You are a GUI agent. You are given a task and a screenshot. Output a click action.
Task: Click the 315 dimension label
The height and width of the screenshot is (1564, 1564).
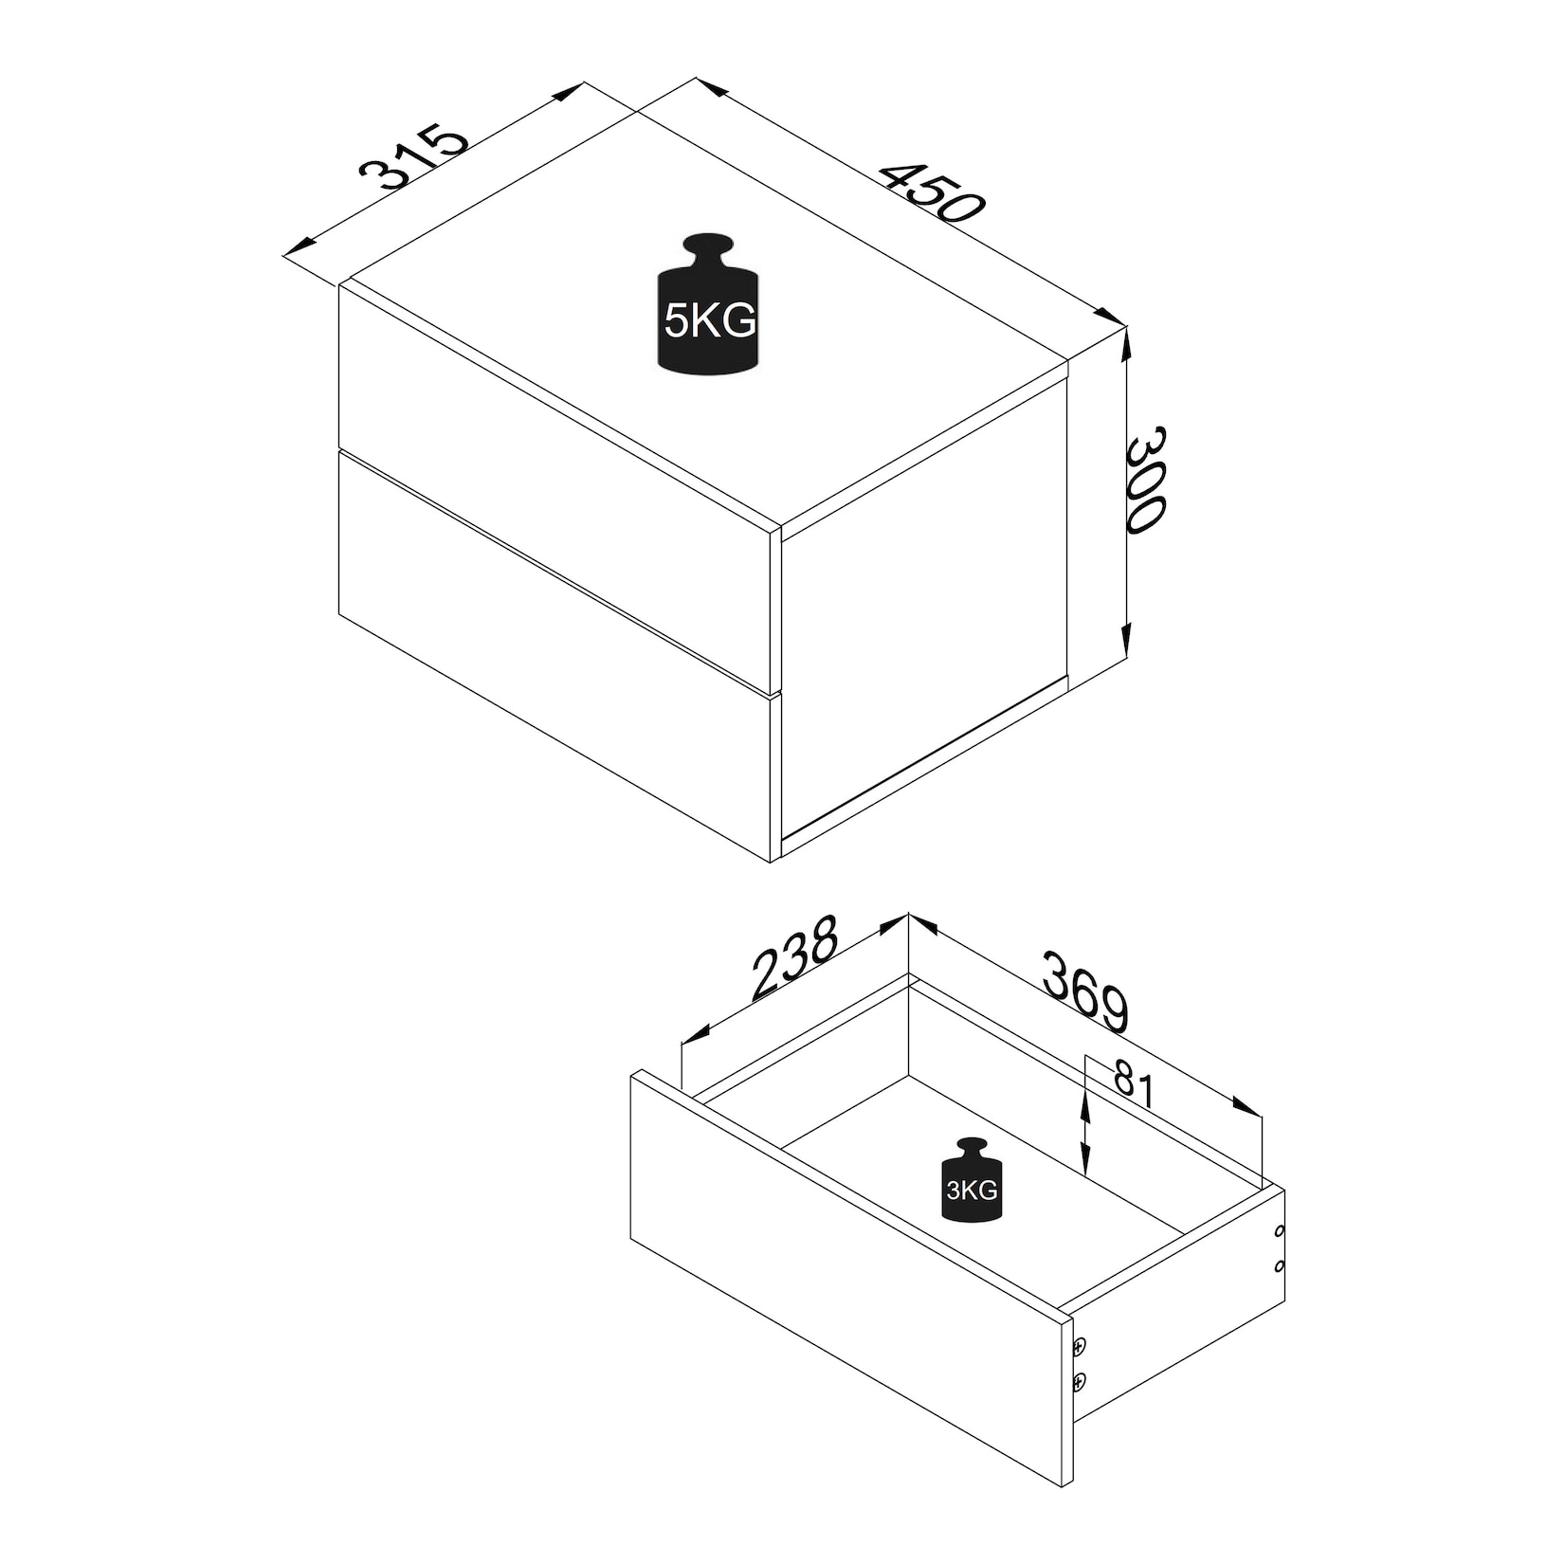pos(414,156)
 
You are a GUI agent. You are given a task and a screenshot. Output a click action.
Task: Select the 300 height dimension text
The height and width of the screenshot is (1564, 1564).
pos(1144,481)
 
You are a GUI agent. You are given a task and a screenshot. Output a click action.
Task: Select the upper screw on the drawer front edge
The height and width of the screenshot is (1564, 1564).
pos(1080,1345)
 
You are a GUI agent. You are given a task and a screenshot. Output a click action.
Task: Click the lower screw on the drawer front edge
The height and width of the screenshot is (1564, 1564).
pos(1080,1384)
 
